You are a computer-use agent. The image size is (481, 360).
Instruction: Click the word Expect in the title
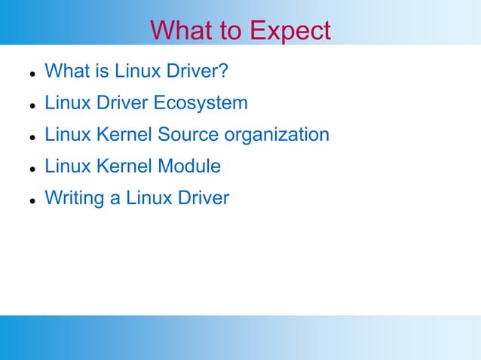pos(290,31)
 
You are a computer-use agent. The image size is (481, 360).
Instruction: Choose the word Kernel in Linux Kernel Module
pos(125,166)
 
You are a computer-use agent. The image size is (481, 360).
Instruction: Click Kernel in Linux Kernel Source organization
pos(125,135)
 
